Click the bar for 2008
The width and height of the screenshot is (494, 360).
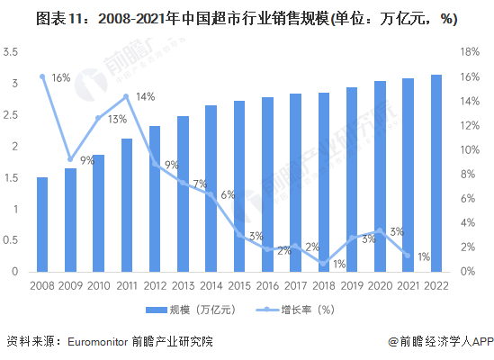tap(42, 224)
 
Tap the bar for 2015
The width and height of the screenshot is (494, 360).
tap(239, 185)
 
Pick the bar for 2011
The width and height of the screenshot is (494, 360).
tap(127, 204)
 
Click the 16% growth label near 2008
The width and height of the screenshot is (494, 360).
tap(60, 78)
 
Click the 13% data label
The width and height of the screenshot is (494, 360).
tap(117, 119)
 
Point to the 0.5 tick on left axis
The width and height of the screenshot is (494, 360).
tap(12, 240)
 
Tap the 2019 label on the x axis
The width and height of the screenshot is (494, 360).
tap(352, 286)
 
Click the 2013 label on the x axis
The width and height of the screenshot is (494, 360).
tap(183, 286)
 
